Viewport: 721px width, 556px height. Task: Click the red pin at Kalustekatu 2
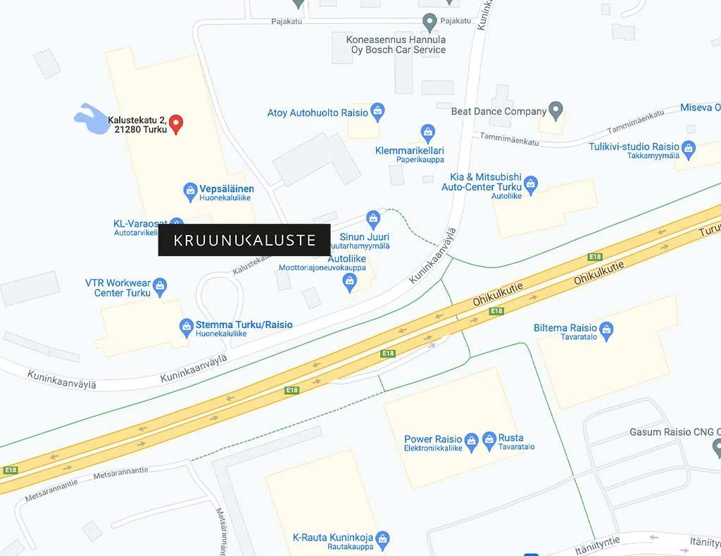click(177, 124)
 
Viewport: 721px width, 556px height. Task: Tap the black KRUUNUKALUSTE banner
click(244, 240)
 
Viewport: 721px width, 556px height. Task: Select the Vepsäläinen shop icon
click(189, 189)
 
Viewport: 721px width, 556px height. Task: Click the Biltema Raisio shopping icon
click(607, 329)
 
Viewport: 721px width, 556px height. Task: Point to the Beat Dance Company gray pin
click(556, 110)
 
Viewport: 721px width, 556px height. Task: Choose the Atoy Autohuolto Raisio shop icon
click(377, 112)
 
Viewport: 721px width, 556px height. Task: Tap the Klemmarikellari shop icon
click(427, 132)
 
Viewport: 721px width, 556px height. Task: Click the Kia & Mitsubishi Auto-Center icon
click(531, 185)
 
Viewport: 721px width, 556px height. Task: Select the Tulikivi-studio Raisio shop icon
click(689, 148)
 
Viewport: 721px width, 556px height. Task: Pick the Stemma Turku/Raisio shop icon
click(186, 325)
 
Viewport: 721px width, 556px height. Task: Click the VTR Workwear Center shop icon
click(161, 285)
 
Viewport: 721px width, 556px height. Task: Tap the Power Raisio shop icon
click(472, 441)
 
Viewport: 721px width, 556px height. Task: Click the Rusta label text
click(510, 438)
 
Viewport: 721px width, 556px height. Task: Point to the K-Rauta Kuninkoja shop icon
click(382, 539)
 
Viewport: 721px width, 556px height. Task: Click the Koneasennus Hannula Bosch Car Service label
click(396, 45)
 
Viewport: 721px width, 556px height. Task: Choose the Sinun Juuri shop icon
click(373, 218)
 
